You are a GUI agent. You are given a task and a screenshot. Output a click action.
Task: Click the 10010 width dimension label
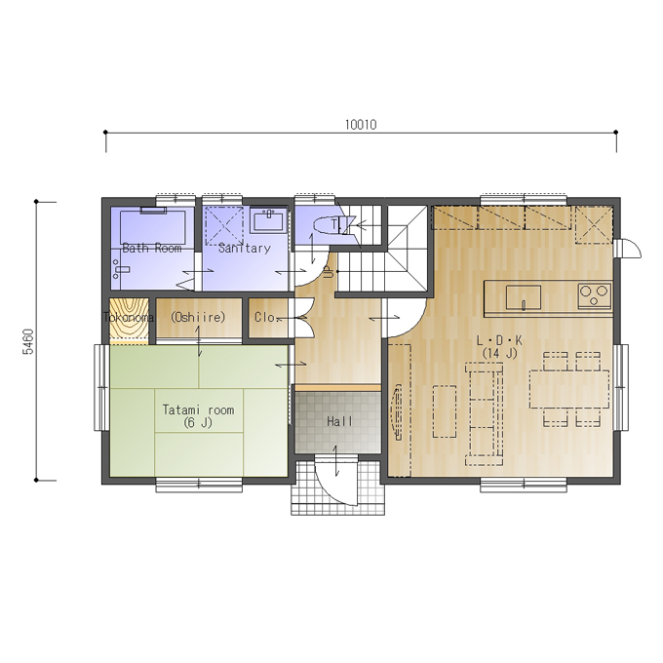coord(361,125)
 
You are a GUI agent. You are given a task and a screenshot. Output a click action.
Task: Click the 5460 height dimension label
coord(28,341)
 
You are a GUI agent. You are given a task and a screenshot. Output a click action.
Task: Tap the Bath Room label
coord(152,248)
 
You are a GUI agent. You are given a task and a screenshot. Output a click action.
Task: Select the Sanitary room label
coord(245,248)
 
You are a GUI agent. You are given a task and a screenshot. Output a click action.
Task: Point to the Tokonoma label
coord(129,317)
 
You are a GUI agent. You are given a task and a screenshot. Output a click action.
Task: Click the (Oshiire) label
coord(198,317)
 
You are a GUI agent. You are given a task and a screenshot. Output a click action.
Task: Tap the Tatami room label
coord(198,409)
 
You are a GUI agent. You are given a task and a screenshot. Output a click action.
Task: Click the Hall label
coord(339,421)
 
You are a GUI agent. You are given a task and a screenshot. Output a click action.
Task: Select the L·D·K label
coord(499,340)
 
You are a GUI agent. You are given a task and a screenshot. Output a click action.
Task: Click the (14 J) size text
coord(499,353)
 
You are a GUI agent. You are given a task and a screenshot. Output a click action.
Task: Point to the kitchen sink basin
coord(524,297)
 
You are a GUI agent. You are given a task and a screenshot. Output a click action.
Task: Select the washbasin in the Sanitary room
coord(268,221)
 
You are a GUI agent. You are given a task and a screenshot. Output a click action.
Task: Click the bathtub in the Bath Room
coord(153,227)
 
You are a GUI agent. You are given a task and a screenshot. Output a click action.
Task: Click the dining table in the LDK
coord(569,389)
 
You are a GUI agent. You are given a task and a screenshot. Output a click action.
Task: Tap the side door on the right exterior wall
coord(629,249)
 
